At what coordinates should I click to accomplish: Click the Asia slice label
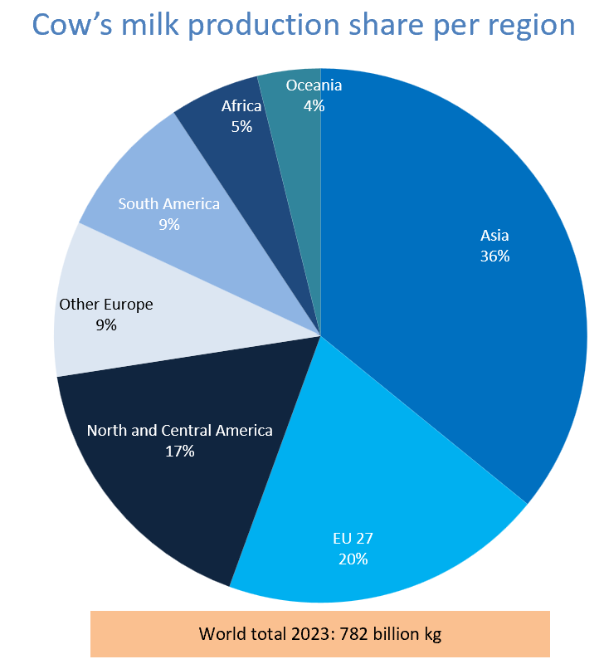click(x=494, y=235)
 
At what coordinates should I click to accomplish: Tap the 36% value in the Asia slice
click(x=494, y=256)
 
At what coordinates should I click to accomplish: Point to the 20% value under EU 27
click(x=353, y=559)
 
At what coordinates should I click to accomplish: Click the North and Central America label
click(x=179, y=430)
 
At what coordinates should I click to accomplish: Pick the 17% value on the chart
click(x=179, y=452)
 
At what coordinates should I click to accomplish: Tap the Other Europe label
click(x=106, y=305)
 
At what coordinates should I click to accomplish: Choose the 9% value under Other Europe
click(x=106, y=325)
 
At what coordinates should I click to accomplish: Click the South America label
click(x=169, y=203)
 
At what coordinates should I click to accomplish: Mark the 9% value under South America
click(x=169, y=224)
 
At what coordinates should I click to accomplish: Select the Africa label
click(x=241, y=106)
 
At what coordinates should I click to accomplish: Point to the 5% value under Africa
click(x=241, y=127)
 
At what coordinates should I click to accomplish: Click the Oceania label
click(x=314, y=85)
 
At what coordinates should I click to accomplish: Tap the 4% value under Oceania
click(x=314, y=106)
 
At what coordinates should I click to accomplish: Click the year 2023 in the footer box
click(x=304, y=634)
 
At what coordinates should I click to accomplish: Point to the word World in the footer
click(x=220, y=634)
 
